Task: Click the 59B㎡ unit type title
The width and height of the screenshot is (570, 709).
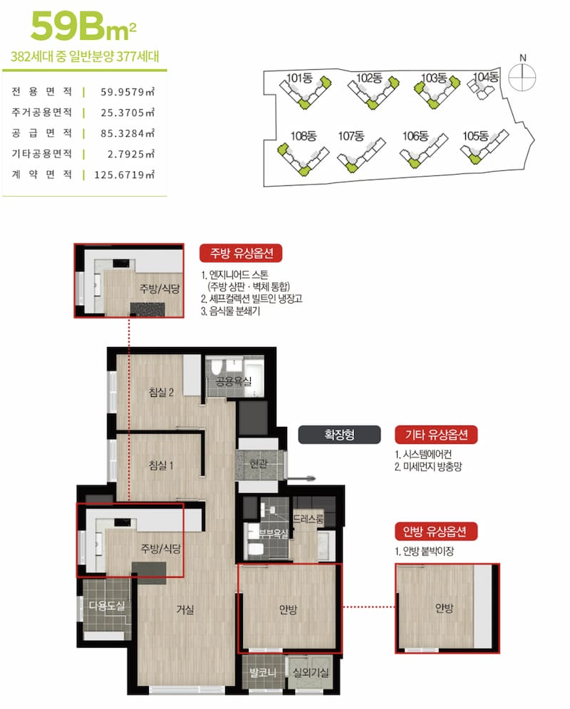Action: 83,26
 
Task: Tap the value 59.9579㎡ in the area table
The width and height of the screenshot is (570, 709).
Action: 128,92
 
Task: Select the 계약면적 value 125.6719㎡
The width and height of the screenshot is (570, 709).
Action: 124,175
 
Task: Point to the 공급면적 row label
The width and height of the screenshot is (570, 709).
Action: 41,133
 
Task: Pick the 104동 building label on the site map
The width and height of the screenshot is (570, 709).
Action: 485,77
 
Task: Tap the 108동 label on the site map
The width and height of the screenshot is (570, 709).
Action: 304,135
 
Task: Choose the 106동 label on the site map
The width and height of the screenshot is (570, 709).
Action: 415,135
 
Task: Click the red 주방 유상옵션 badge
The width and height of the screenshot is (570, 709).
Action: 241,253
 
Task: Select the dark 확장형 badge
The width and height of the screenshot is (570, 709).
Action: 339,435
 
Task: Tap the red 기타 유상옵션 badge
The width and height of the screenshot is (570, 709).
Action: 436,435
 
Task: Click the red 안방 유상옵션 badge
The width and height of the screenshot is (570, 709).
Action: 436,532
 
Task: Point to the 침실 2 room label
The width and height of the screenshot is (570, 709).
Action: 161,392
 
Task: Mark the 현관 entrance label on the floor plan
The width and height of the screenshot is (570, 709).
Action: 259,463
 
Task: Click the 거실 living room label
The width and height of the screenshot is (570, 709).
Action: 185,609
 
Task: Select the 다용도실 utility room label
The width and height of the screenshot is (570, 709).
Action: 107,606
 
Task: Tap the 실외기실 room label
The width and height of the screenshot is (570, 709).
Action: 311,673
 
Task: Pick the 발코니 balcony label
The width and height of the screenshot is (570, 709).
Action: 263,673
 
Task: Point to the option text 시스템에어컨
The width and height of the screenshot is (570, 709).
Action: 427,455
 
